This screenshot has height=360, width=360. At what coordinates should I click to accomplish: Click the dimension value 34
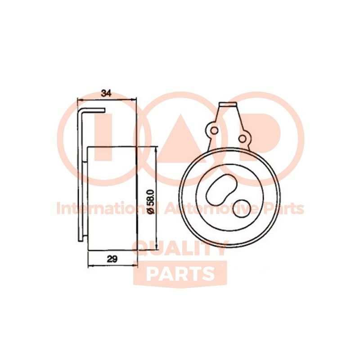tap(107, 94)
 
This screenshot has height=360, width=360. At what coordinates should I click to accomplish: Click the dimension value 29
tap(112, 259)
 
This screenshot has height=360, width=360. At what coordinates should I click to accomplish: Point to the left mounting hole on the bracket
tap(215, 130)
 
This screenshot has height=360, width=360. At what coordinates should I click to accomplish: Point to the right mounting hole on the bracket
tap(242, 138)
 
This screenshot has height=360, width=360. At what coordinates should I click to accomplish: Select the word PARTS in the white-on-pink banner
tap(180, 274)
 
